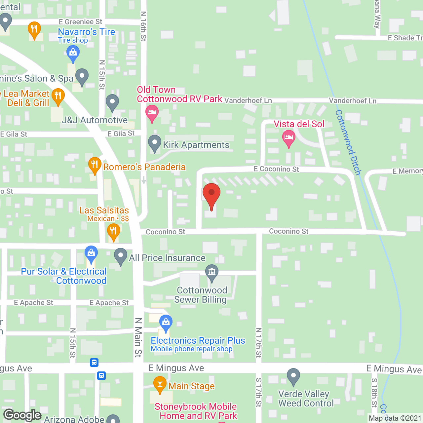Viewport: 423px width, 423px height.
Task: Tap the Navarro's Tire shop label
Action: pos(86,32)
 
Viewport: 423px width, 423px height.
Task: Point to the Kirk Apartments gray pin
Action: pos(154,143)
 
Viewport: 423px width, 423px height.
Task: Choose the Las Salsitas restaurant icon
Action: pos(113,231)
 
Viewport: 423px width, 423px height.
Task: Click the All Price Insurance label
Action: pos(167,258)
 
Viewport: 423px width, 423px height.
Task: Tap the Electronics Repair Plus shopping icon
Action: pos(166,323)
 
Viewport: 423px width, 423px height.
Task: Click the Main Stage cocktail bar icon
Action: pos(160,384)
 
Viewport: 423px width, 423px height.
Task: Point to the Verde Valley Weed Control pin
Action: pos(293,376)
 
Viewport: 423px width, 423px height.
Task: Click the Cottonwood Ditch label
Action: pos(348,142)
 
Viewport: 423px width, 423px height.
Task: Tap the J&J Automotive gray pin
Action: pos(112,102)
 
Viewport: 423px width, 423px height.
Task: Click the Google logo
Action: pos(22,415)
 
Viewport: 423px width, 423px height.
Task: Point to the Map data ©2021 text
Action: pos(395,418)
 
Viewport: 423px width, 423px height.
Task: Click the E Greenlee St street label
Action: pos(80,22)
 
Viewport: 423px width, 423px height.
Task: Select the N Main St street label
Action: pos(138,337)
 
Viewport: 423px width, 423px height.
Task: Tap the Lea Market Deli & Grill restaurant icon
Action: pos(58,96)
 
